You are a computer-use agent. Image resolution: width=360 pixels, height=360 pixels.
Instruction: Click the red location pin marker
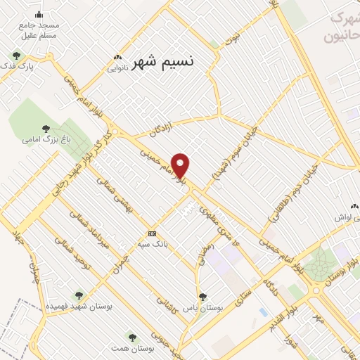(x=181, y=165)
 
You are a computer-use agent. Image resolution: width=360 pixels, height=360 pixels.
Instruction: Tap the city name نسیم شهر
(x=162, y=63)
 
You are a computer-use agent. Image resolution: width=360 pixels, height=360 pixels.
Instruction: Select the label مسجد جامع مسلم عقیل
(x=39, y=30)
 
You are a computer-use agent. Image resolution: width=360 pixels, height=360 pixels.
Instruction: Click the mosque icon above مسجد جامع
(x=39, y=14)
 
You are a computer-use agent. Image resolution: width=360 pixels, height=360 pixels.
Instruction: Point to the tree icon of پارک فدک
(x=16, y=55)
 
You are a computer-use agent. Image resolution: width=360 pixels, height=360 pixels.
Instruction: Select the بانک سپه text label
(x=153, y=247)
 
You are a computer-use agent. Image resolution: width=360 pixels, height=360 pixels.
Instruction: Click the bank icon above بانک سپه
(x=152, y=233)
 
